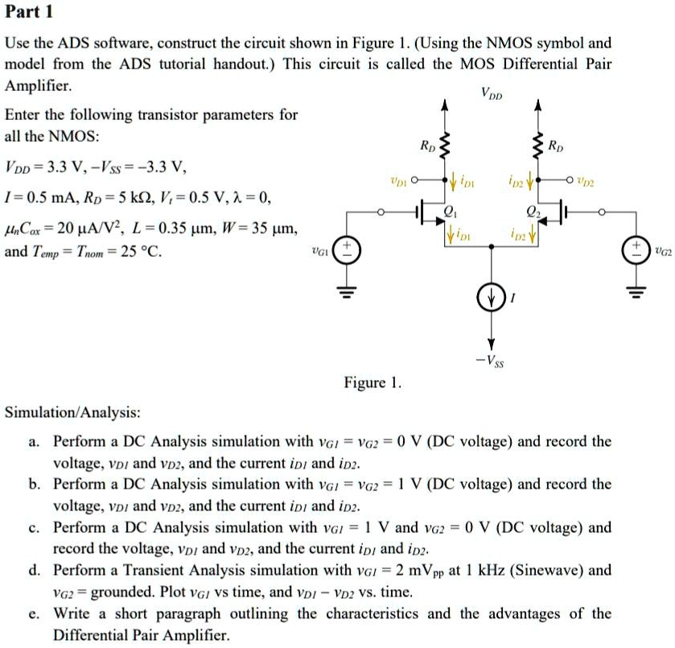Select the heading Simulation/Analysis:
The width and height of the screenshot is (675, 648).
point(72,412)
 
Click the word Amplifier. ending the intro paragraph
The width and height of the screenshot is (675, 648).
point(39,85)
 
